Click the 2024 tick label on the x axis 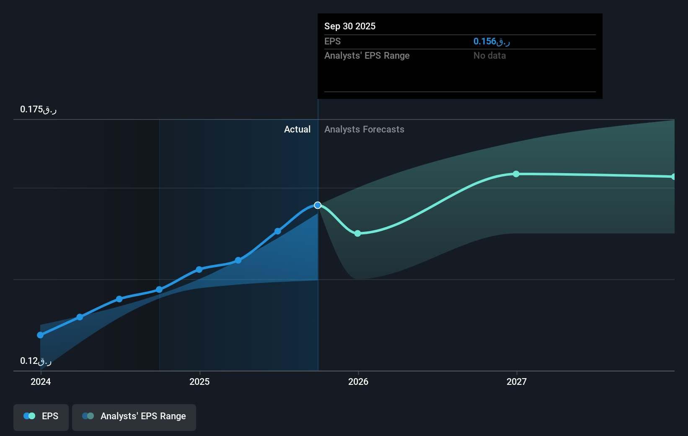[41, 381]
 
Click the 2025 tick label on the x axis [199, 381]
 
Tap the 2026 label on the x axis [358, 381]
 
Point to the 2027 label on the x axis [517, 381]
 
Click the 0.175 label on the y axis [38, 109]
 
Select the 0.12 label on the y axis [36, 361]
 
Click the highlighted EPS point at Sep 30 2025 [318, 205]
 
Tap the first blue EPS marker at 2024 [40, 335]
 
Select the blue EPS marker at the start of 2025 [199, 270]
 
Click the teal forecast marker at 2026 [357, 234]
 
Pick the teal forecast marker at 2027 [516, 174]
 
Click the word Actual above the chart [297, 129]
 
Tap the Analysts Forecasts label [364, 129]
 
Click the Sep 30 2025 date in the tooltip [350, 26]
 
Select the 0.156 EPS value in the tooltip [491, 41]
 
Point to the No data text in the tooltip [489, 55]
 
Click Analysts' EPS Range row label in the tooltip [367, 55]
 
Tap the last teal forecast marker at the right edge [673, 177]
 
